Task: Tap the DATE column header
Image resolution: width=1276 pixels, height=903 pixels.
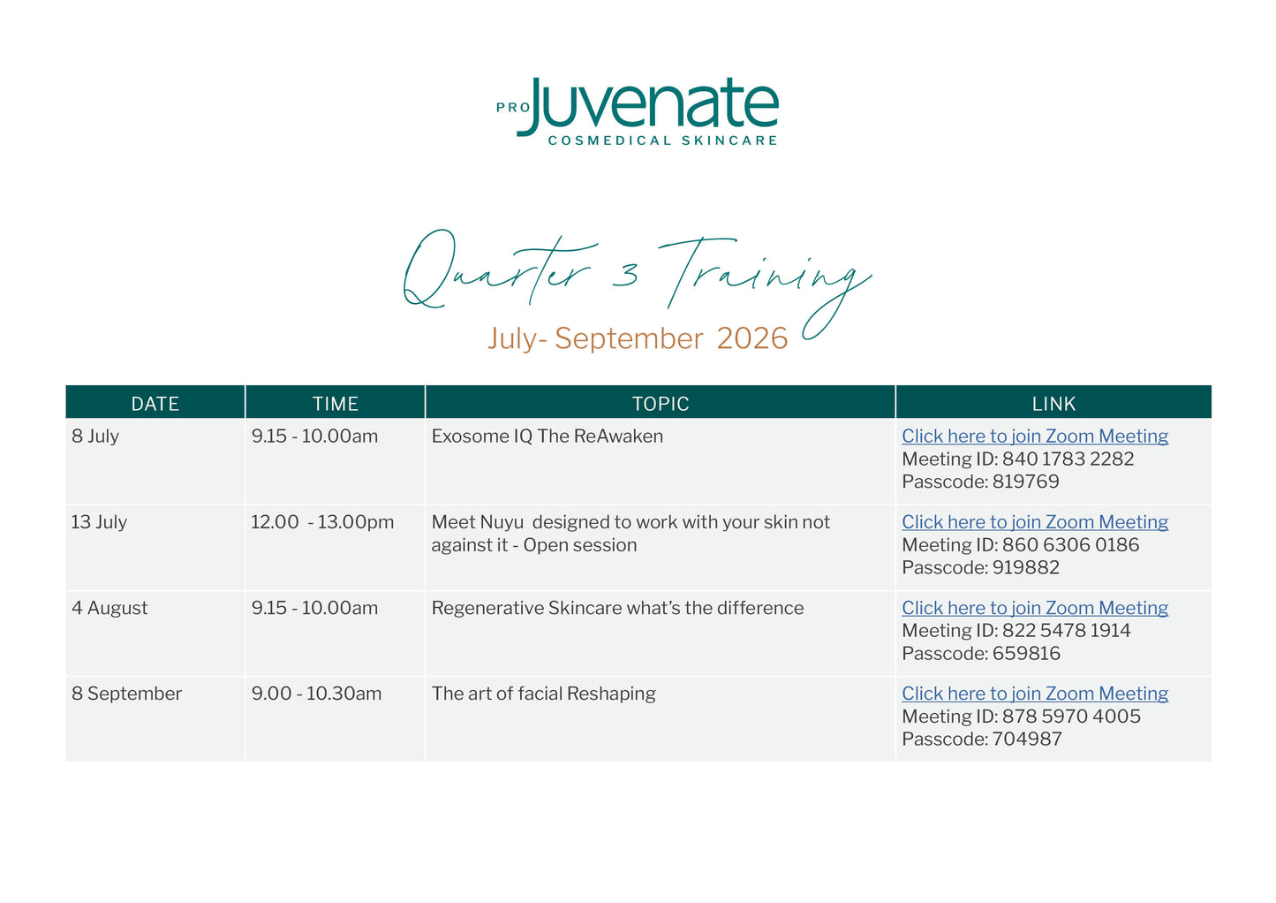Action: pos(155,404)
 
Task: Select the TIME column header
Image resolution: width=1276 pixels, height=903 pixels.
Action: pos(335,404)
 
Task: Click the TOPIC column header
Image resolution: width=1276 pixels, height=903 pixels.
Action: pos(661,404)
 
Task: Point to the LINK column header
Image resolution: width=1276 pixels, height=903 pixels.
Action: pos(1053,404)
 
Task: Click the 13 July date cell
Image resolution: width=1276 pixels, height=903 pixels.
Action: pos(99,522)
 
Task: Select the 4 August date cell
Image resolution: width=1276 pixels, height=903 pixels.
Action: pos(109,608)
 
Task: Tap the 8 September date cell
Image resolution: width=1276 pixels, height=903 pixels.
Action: pos(126,694)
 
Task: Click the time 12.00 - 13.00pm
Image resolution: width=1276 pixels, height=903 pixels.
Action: pos(322,522)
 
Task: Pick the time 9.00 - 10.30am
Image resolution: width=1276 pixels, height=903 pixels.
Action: pos(316,694)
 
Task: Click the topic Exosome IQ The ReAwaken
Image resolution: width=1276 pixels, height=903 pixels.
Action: pos(547,436)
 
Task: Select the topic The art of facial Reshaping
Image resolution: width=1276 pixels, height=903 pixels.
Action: pos(543,694)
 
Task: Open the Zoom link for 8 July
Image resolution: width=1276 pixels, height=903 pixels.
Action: pos(1034,436)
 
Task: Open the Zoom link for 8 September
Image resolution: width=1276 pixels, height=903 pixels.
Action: pos(1034,694)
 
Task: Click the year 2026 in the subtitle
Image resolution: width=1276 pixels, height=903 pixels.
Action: pos(752,338)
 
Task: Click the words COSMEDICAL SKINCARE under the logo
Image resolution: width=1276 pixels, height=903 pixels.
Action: pos(662,140)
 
